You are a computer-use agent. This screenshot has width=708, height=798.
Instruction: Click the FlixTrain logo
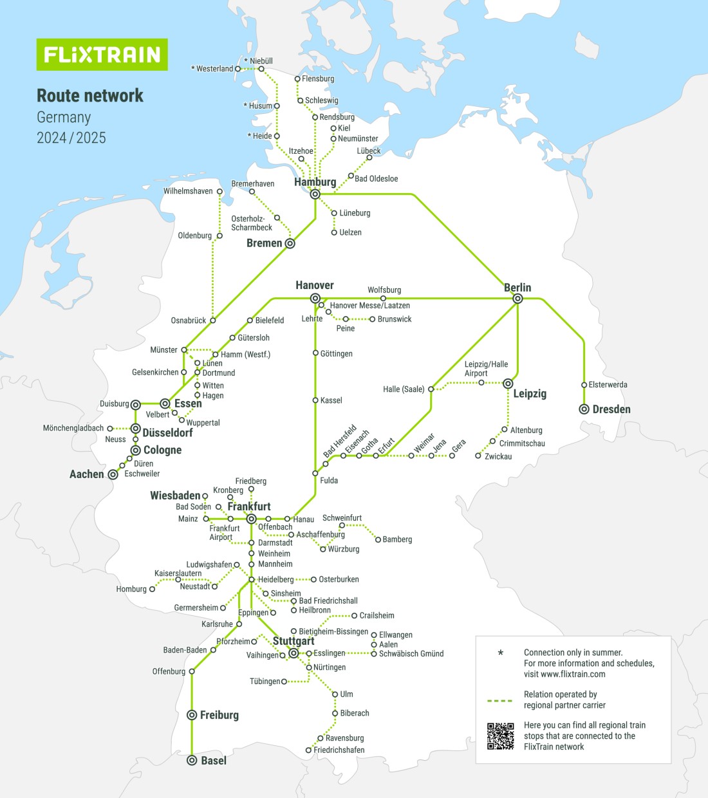pyautogui.click(x=102, y=55)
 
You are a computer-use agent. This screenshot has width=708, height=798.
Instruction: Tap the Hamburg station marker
pyautogui.click(x=315, y=194)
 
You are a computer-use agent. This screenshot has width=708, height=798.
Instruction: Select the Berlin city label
pyautogui.click(x=517, y=288)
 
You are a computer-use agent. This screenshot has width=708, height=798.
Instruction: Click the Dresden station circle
pyautogui.click(x=584, y=409)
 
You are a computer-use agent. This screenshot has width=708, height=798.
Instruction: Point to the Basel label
pyautogui.click(x=214, y=761)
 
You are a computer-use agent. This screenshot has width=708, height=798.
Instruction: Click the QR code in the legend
pyautogui.click(x=500, y=736)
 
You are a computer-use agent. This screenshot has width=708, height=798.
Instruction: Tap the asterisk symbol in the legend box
pyautogui.click(x=501, y=653)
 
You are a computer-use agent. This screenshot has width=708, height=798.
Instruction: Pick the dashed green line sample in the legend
pyautogui.click(x=500, y=700)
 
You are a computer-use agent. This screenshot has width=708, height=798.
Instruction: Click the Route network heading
pyautogui.click(x=90, y=96)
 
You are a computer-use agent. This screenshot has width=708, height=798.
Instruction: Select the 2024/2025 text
pyautogui.click(x=71, y=138)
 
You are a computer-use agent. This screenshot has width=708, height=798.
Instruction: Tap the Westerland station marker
pyautogui.click(x=238, y=69)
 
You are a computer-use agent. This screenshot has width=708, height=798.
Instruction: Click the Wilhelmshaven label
pyautogui.click(x=188, y=191)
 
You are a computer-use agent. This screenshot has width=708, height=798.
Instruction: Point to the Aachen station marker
pyautogui.click(x=113, y=474)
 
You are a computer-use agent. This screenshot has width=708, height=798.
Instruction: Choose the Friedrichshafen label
pyautogui.click(x=339, y=750)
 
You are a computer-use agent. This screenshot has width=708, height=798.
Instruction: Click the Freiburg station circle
pyautogui.click(x=192, y=715)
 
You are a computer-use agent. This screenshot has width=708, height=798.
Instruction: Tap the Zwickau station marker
pyautogui.click(x=478, y=456)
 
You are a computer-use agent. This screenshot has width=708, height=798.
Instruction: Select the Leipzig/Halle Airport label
pyautogui.click(x=486, y=369)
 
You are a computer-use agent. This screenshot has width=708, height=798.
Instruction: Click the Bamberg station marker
pyautogui.click(x=378, y=539)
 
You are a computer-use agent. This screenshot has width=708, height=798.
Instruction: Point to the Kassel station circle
pyautogui.click(x=315, y=400)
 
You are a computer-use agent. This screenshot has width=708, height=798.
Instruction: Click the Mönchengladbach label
pyautogui.click(x=73, y=428)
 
